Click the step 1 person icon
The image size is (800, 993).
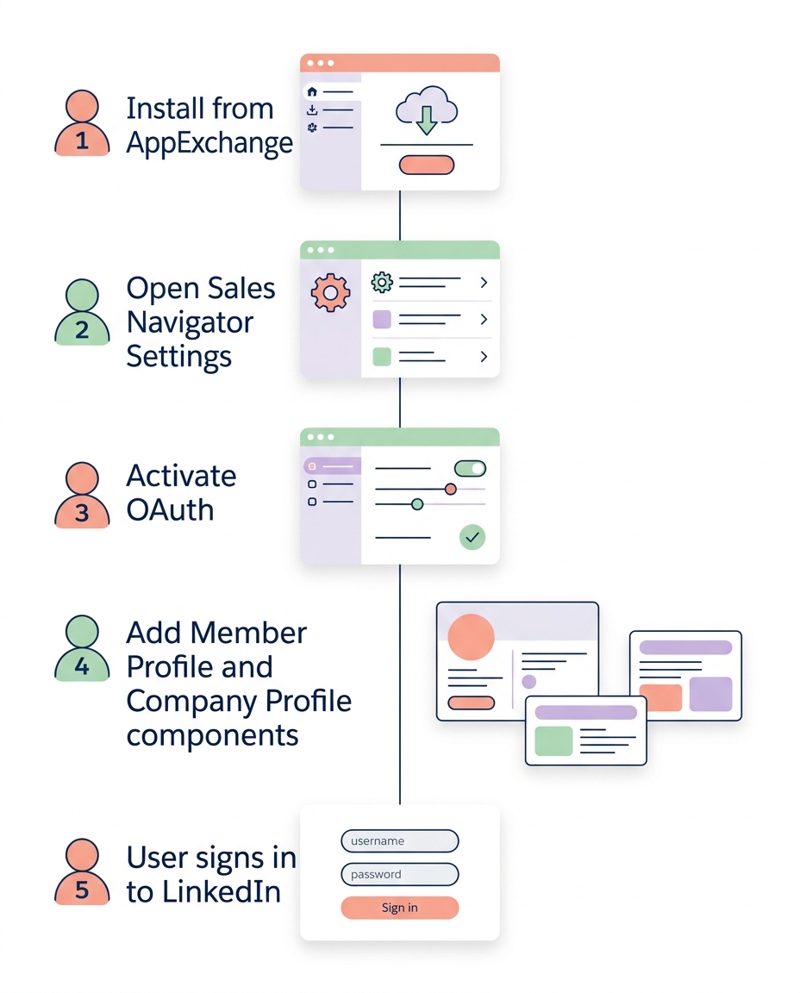tap(82, 125)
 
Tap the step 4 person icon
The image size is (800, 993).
tap(82, 647)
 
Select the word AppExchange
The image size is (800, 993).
tap(209, 143)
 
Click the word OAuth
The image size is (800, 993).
tap(170, 509)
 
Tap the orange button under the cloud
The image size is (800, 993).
tap(426, 165)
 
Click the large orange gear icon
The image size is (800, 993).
tap(330, 293)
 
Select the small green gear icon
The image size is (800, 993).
tap(382, 282)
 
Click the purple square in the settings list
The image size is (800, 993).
tap(382, 320)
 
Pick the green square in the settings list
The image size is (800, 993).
tap(382, 357)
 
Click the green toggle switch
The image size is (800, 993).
tap(470, 468)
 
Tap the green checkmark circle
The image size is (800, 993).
tap(472, 538)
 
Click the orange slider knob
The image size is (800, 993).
tap(450, 489)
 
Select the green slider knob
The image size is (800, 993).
tap(417, 503)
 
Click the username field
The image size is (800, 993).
tap(400, 841)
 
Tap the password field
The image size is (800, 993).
tap(400, 874)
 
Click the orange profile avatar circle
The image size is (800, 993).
tap(472, 638)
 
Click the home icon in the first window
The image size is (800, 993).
tap(312, 92)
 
